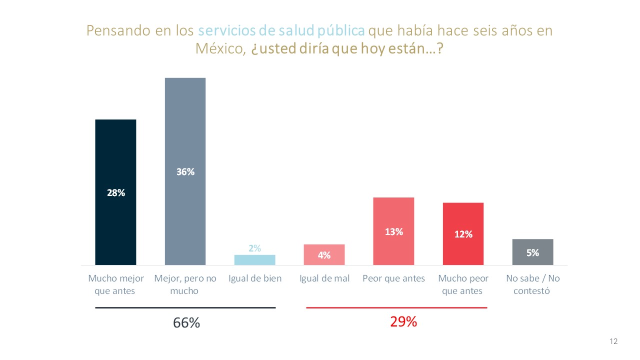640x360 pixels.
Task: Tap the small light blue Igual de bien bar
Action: [x=254, y=260]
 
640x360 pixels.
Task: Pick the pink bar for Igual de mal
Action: [x=324, y=254]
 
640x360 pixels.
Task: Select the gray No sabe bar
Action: [x=532, y=252]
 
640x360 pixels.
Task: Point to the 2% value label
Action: [x=254, y=248]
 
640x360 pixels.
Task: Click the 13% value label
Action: [x=393, y=231]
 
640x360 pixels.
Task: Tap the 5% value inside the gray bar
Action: [x=532, y=253]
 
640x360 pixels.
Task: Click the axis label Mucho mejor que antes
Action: [x=115, y=284]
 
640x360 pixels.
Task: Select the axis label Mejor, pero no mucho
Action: [x=185, y=284]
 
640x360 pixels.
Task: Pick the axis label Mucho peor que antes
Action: [x=463, y=284]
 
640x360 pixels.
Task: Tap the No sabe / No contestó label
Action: [x=532, y=284]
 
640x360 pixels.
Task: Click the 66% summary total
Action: [x=186, y=323]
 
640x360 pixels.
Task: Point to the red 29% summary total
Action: [x=403, y=322]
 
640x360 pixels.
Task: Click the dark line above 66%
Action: [x=185, y=307]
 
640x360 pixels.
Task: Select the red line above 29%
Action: [x=396, y=307]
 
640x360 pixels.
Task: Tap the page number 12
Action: [x=613, y=341]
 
